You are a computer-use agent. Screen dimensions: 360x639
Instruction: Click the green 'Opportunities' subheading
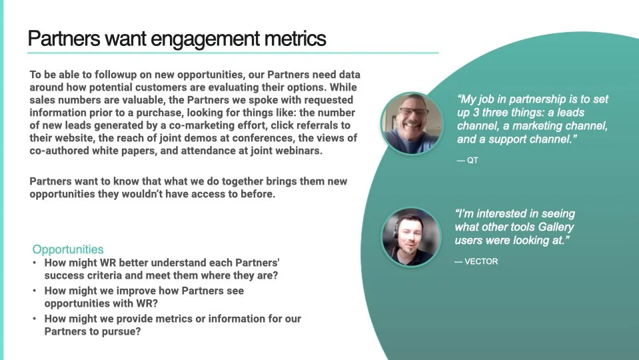click(x=68, y=250)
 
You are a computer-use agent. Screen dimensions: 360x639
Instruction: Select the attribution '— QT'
click(x=468, y=161)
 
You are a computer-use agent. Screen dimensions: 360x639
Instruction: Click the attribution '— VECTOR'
click(x=476, y=261)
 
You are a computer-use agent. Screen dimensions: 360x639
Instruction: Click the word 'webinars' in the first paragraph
click(x=297, y=151)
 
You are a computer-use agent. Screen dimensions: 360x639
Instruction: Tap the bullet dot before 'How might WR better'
click(x=35, y=263)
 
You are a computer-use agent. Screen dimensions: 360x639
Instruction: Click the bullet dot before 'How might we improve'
click(x=35, y=291)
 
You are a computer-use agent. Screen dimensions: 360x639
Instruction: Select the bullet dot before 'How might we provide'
click(x=35, y=319)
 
